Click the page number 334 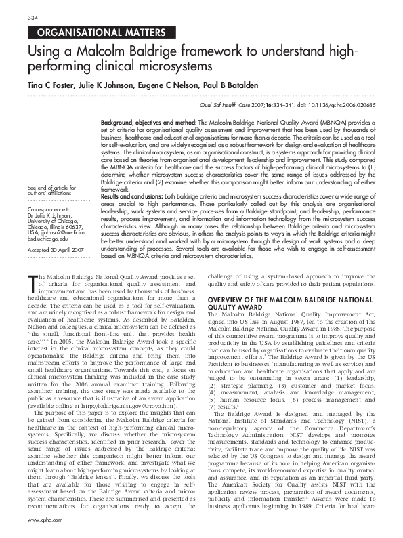[x=31, y=16]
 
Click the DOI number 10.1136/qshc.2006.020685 [x=339, y=107]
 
